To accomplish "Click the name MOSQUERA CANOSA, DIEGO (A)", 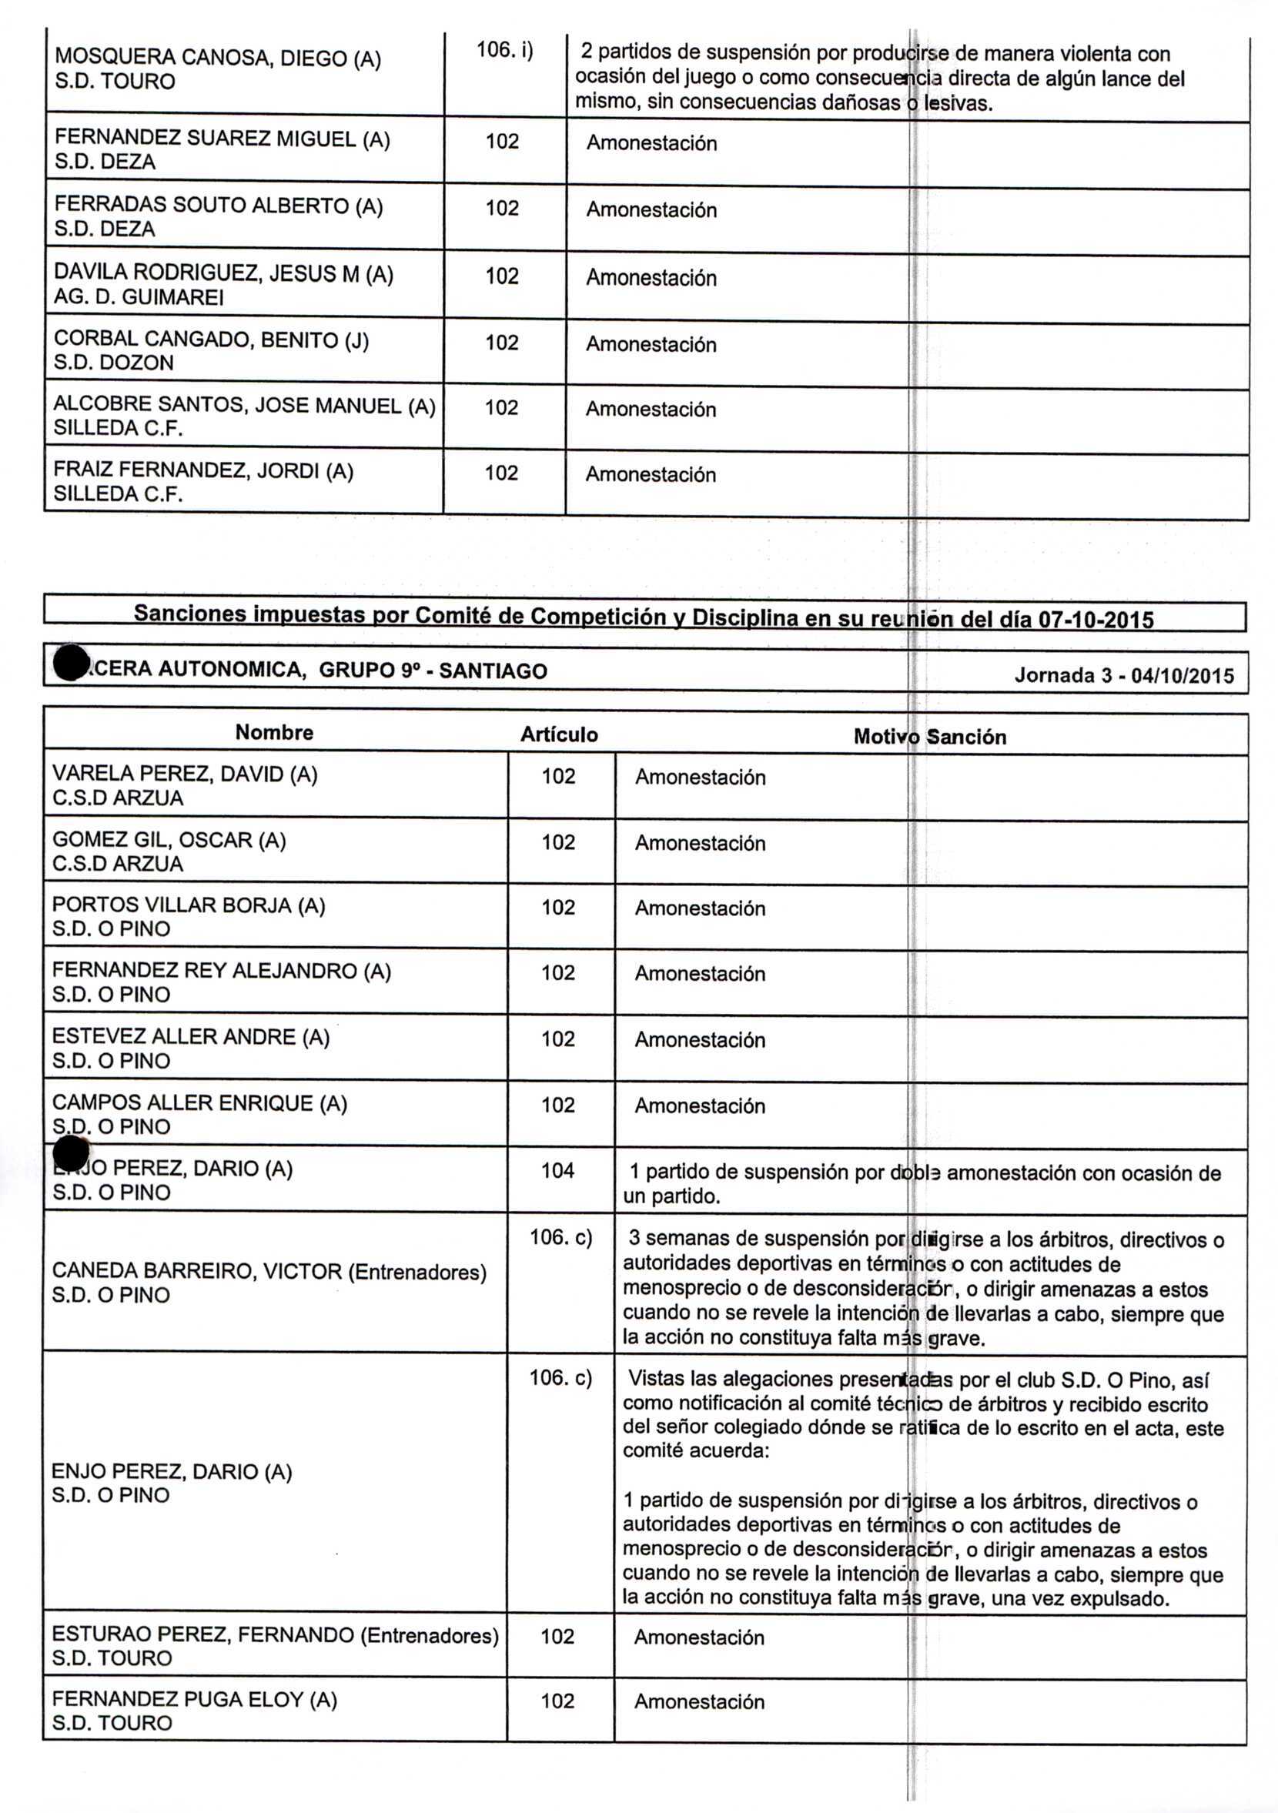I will click(x=217, y=58).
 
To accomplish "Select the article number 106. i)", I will click(x=504, y=50).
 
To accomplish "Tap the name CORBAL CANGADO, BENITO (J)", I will click(x=211, y=340).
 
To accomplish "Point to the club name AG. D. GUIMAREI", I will click(x=139, y=297).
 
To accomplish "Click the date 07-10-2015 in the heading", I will click(x=1096, y=619).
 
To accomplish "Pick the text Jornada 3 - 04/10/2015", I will click(x=1123, y=675).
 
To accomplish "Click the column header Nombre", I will click(x=274, y=732).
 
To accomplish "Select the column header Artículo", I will click(x=558, y=734).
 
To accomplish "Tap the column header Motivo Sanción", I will click(x=930, y=737).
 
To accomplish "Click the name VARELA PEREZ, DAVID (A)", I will click(x=185, y=774).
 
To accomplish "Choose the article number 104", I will click(x=557, y=1170).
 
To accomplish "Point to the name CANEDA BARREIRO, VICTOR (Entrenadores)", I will click(x=269, y=1271).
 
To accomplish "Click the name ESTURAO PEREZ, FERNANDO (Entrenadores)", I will click(x=275, y=1634).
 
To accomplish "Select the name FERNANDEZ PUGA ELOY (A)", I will click(x=194, y=1699).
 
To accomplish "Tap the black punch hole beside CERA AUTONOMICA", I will click(x=71, y=662).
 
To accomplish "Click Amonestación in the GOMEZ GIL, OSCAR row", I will click(x=700, y=843).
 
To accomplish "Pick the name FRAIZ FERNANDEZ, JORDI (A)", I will click(x=203, y=470).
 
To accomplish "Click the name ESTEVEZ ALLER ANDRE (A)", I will click(x=190, y=1036).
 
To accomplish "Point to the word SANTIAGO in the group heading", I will click(x=493, y=671).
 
